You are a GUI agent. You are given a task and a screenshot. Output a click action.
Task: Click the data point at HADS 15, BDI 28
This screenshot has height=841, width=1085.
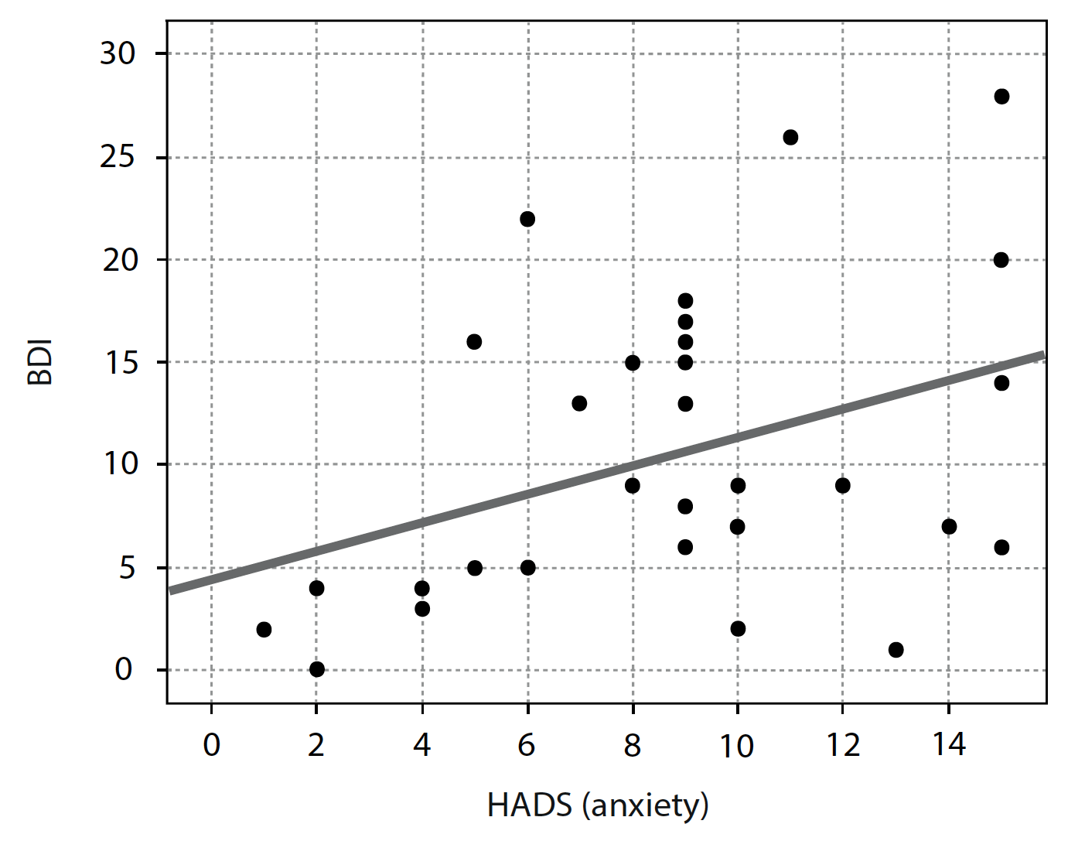click(x=1001, y=97)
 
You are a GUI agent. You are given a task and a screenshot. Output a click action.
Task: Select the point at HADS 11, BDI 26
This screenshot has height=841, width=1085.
click(x=790, y=138)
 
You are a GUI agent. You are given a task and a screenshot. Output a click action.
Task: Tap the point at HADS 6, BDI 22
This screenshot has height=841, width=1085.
click(x=527, y=220)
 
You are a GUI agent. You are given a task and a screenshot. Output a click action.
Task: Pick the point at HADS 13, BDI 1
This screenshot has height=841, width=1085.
click(x=896, y=650)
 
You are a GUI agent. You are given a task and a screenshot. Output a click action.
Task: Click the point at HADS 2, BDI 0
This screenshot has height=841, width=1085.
click(x=316, y=669)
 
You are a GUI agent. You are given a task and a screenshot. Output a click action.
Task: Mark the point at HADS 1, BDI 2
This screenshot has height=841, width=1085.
click(x=264, y=630)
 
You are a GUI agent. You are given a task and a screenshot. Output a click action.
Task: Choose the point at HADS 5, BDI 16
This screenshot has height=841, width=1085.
click(x=474, y=342)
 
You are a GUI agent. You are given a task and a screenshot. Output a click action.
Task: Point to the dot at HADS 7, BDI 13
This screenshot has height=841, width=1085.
click(x=579, y=404)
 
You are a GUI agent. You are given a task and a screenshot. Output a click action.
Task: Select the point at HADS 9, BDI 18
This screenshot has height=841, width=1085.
click(x=685, y=301)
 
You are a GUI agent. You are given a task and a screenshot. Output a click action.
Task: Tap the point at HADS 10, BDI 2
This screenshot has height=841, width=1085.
click(x=738, y=629)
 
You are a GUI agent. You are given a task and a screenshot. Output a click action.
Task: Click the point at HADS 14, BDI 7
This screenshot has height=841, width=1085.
click(x=949, y=527)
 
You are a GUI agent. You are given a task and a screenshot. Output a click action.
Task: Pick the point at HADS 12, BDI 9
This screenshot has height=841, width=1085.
click(x=843, y=486)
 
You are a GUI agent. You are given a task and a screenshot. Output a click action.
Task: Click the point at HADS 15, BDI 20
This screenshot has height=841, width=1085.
click(x=1001, y=260)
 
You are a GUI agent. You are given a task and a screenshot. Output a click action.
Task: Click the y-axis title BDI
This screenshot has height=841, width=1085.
click(x=40, y=361)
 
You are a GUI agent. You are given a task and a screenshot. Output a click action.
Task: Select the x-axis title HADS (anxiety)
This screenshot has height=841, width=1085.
click(x=598, y=806)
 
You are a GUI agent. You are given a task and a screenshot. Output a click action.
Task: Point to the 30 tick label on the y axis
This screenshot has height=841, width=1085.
click(x=118, y=54)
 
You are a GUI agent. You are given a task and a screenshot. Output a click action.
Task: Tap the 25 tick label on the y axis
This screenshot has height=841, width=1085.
click(x=118, y=158)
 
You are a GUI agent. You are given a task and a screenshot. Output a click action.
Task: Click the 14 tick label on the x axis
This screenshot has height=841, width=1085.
click(x=949, y=745)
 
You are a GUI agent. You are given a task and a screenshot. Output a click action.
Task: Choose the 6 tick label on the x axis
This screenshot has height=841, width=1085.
click(x=527, y=745)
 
